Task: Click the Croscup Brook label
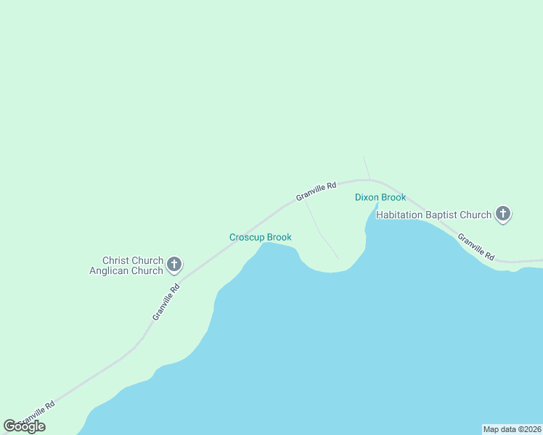point(261,237)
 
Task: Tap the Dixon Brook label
point(380,197)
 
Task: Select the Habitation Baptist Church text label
point(433,215)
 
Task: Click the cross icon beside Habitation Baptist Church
point(502,214)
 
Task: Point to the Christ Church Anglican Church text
point(132,265)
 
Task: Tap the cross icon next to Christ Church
point(174,265)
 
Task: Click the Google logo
point(24,426)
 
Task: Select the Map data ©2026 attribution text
point(512,429)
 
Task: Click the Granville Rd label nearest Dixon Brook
point(316,191)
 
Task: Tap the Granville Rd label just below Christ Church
point(166,302)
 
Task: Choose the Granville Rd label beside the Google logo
point(38,414)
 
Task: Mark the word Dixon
point(367,197)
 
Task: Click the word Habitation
point(399,215)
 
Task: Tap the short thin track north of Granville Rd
point(367,167)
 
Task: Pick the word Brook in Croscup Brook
point(279,237)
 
